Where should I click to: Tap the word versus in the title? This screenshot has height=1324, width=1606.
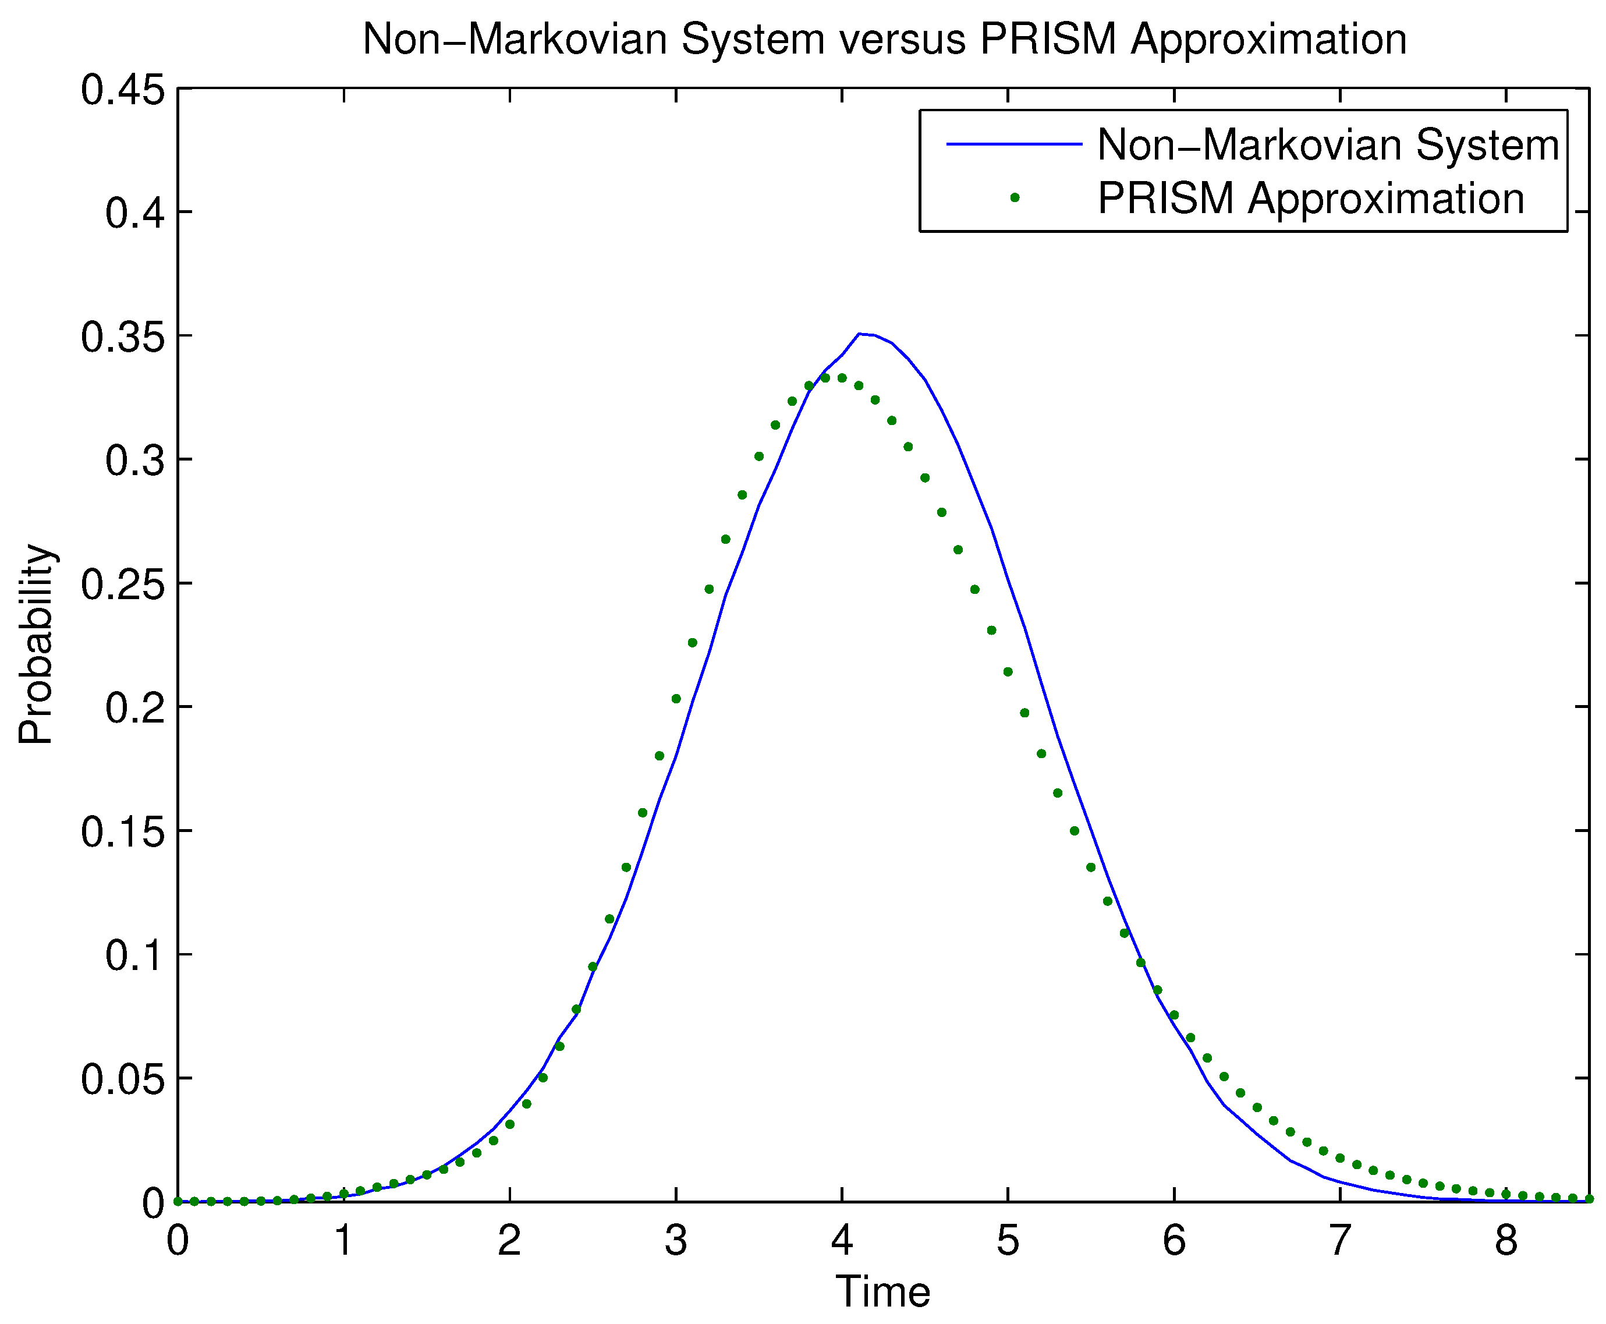(x=903, y=39)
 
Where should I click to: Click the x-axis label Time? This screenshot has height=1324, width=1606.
(x=882, y=1291)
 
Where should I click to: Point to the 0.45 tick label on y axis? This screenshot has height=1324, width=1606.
(x=123, y=90)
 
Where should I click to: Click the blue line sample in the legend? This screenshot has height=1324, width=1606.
(x=1013, y=144)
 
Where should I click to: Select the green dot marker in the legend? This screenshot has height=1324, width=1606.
(x=1014, y=197)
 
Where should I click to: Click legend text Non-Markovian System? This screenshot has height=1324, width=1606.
(x=1328, y=144)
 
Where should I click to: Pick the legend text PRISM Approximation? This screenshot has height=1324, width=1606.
(x=1310, y=199)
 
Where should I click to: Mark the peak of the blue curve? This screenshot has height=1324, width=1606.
(x=859, y=333)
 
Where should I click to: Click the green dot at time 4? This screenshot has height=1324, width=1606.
(x=842, y=377)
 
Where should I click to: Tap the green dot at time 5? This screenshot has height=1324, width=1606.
(x=1008, y=672)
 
